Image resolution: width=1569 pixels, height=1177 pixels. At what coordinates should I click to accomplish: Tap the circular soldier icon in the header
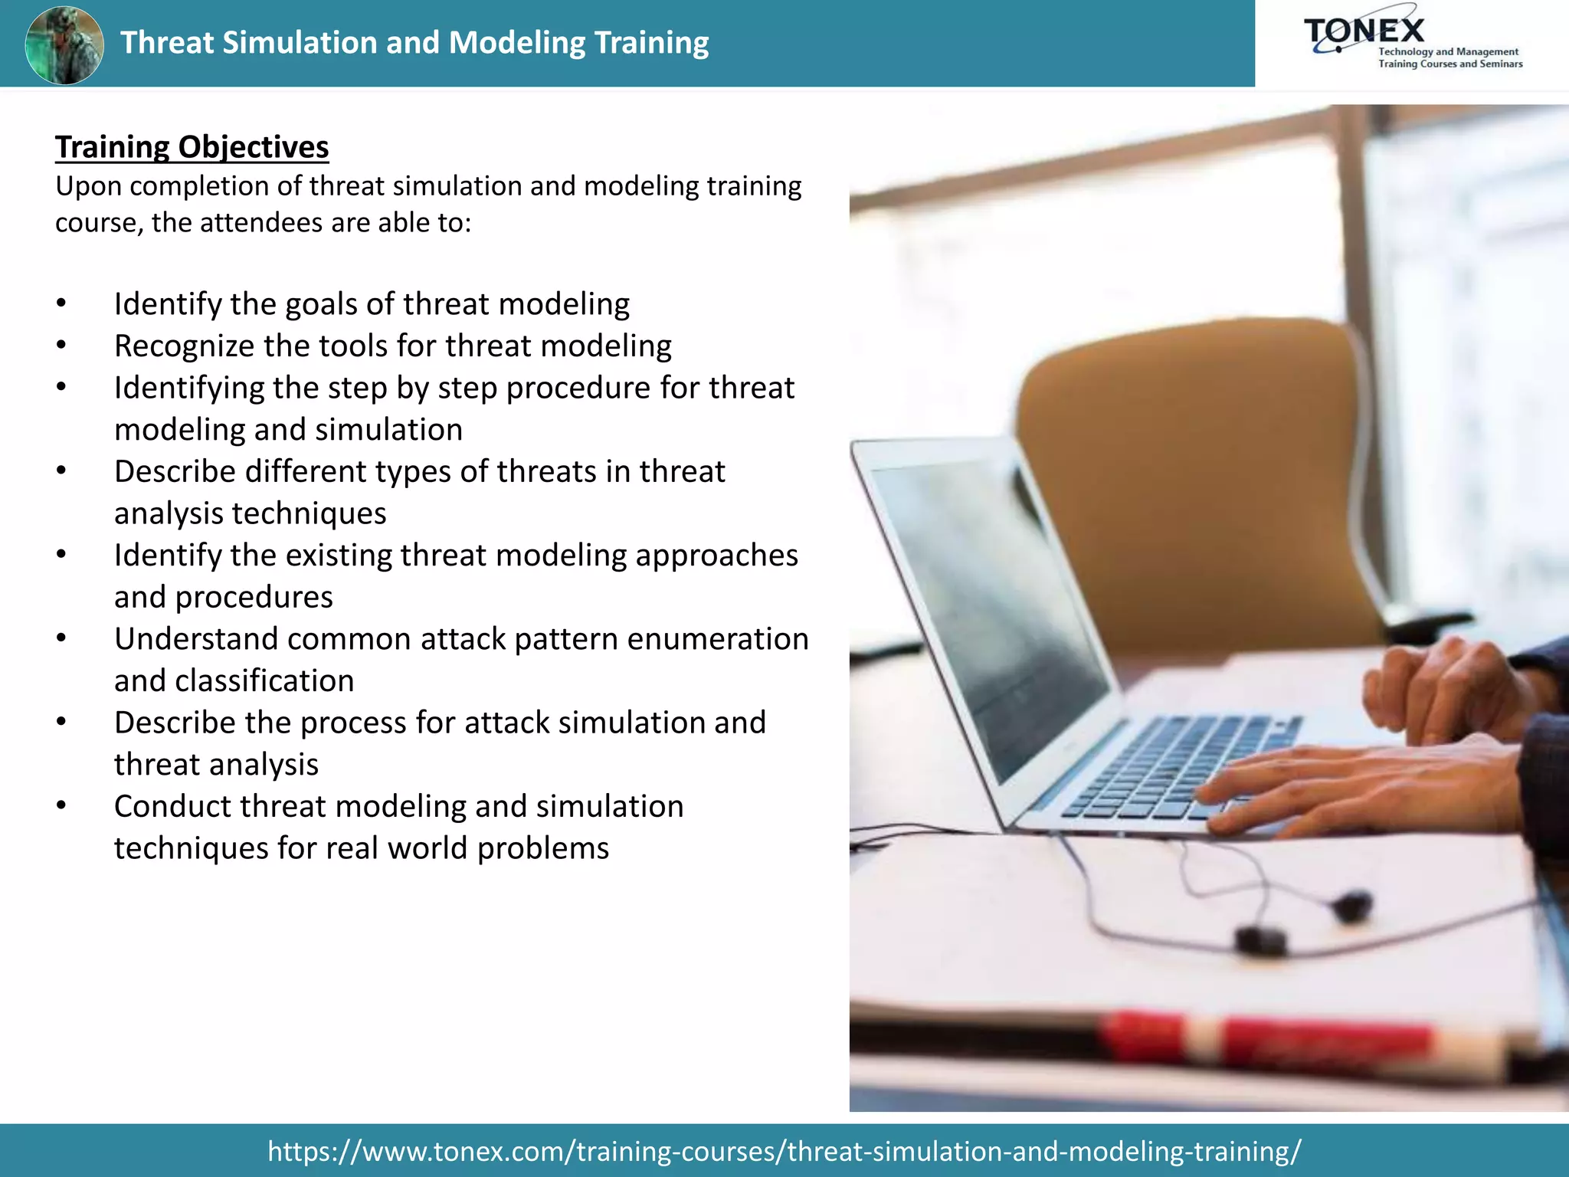[64, 44]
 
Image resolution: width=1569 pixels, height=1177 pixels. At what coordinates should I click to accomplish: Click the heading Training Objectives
[192, 147]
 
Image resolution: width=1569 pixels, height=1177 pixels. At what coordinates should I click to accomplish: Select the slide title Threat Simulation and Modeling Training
[414, 43]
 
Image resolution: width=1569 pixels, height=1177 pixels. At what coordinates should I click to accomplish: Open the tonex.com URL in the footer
[784, 1151]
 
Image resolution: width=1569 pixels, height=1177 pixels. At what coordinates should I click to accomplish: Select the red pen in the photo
[1264, 1038]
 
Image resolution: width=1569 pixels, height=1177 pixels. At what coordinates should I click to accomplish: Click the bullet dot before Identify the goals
[61, 304]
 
